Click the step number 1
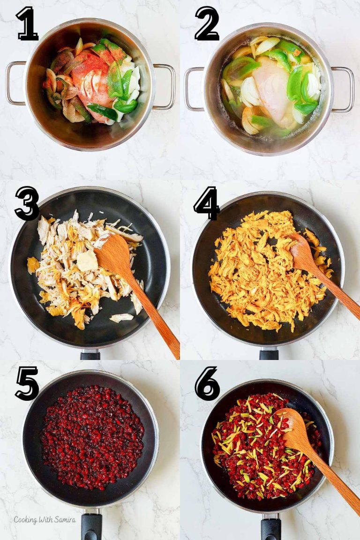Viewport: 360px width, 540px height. [x=27, y=23]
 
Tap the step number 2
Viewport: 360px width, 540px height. [x=207, y=23]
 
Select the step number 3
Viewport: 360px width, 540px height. [x=27, y=203]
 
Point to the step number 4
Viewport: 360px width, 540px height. [x=207, y=203]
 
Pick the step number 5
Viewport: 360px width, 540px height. [x=27, y=383]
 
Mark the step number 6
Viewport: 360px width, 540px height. [x=207, y=383]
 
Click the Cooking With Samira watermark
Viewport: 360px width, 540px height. [x=45, y=520]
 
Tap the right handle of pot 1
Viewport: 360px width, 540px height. [x=164, y=87]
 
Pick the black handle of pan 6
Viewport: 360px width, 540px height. [x=271, y=527]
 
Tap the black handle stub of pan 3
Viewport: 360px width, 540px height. [x=90, y=355]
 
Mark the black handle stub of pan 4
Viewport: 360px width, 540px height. [x=269, y=353]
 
